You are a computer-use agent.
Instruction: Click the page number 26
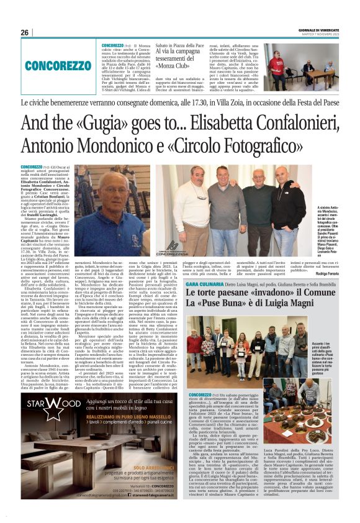tap(24, 32)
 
